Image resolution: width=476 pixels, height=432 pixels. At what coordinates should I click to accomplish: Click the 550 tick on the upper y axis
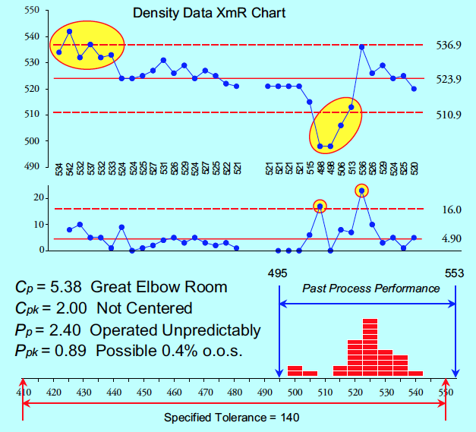point(31,11)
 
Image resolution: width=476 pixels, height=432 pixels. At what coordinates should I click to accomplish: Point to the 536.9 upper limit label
point(449,46)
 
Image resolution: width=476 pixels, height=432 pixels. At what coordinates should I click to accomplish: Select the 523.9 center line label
point(449,79)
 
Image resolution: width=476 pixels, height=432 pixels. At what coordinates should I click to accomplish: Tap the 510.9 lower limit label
point(449,114)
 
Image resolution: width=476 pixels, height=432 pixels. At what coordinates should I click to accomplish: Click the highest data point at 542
point(69,32)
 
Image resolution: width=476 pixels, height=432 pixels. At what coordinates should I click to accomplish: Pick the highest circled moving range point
point(362,191)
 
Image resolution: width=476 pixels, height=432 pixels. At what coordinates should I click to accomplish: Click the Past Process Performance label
point(370,289)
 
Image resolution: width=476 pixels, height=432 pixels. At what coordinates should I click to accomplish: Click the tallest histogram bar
point(370,347)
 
